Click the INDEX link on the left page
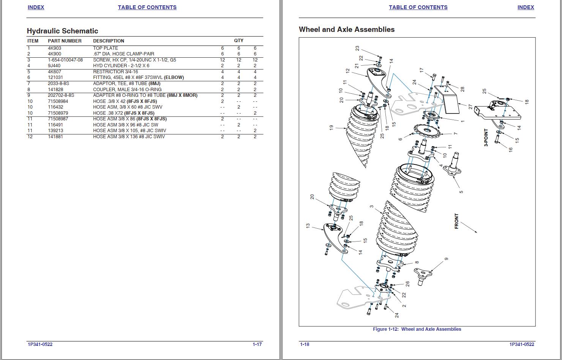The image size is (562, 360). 36,7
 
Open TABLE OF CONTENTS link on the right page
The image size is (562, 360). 418,7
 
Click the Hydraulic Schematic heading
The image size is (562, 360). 62,31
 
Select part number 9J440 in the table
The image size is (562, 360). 54,66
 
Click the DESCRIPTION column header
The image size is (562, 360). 109,41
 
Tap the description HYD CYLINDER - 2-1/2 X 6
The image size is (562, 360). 121,66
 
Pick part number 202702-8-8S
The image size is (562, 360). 61,95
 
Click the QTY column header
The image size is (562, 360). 238,40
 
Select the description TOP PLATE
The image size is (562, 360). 106,48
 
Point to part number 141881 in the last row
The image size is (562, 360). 55,137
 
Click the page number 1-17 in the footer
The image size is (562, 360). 257,344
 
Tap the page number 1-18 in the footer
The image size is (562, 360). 305,344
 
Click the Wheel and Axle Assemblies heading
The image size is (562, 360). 346,30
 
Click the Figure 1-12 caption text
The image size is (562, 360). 417,329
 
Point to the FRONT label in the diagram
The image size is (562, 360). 456,221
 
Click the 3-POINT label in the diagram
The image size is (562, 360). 486,138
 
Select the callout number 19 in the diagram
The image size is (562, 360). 331,128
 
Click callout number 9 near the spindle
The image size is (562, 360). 446,259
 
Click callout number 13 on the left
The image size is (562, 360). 308,226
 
